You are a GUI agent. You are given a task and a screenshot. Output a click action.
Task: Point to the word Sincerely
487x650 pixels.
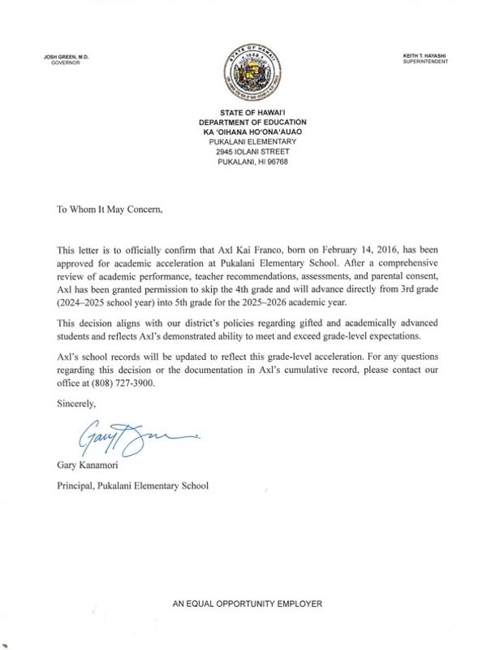[76, 404]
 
